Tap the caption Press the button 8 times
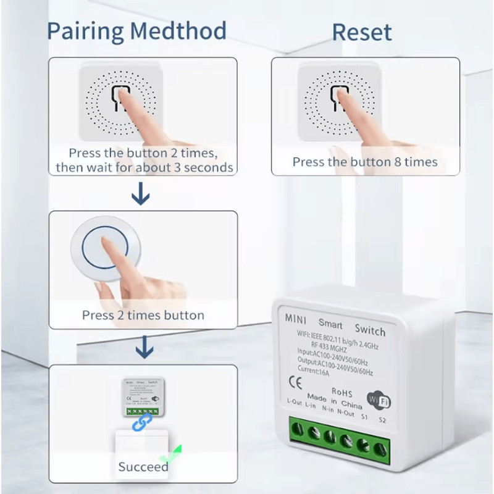pos(365,162)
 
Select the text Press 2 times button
pos(143,315)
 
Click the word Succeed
pos(143,467)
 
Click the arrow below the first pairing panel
pos(141,196)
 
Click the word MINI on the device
pos(295,319)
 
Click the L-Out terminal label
pos(295,401)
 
